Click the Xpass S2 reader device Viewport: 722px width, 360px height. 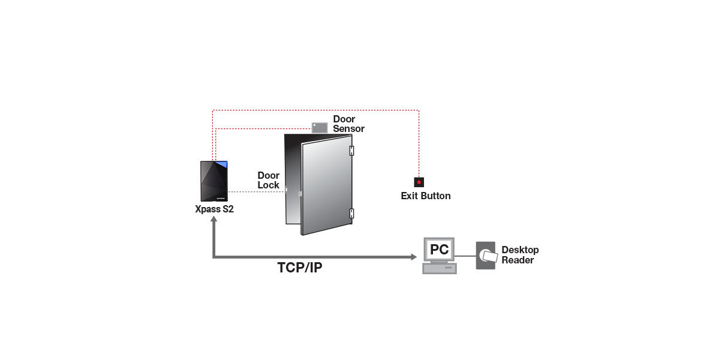click(x=214, y=182)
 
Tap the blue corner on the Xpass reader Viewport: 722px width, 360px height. click(x=222, y=164)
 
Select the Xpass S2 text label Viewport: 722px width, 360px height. click(x=214, y=210)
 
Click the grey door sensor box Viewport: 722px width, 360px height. click(x=320, y=127)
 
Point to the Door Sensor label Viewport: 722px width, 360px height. click(x=348, y=124)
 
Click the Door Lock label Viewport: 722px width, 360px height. click(x=269, y=181)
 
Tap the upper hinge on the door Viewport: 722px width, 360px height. click(x=352, y=150)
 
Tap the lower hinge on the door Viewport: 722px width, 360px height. click(x=352, y=213)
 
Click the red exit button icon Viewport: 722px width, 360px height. click(x=419, y=182)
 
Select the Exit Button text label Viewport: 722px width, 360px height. click(x=426, y=196)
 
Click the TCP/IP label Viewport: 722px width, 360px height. click(x=300, y=268)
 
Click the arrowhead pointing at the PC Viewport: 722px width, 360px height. click(x=413, y=257)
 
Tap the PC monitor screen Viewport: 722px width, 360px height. click(x=440, y=249)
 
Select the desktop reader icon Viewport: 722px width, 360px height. click(x=486, y=256)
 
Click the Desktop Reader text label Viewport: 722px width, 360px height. click(x=520, y=255)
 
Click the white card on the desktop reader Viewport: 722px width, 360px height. click(x=489, y=257)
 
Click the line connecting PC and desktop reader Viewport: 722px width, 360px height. click(x=465, y=256)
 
